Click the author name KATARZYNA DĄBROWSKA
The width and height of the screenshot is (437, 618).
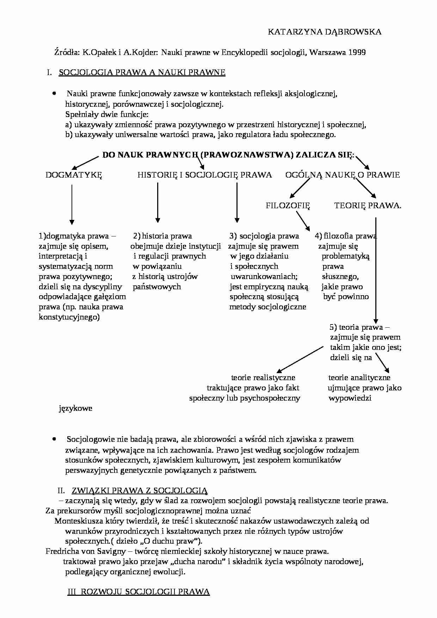click(x=324, y=32)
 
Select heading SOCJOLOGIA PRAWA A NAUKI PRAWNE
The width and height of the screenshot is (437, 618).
click(x=142, y=73)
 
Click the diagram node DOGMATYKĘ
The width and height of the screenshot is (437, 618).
click(x=74, y=175)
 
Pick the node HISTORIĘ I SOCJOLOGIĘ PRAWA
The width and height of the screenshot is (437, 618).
click(x=204, y=175)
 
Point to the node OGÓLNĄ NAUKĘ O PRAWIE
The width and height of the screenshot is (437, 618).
click(x=342, y=175)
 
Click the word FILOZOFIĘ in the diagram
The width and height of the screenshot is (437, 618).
click(x=288, y=206)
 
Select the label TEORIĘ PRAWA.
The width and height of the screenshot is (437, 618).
click(x=368, y=206)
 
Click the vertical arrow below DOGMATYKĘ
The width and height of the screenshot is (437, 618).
click(x=72, y=204)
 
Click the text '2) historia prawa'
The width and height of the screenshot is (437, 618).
click(x=162, y=236)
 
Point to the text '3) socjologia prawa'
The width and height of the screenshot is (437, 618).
click(x=264, y=236)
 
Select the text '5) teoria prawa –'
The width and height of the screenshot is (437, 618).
click(x=359, y=327)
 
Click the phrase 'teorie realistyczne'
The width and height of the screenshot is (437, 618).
click(x=263, y=378)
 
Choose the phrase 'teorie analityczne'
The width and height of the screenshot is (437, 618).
click(x=359, y=378)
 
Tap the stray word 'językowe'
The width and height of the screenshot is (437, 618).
click(x=75, y=408)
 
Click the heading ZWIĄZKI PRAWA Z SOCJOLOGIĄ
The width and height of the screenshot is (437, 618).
click(x=140, y=490)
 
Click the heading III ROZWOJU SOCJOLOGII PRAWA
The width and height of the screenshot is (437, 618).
click(x=139, y=592)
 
